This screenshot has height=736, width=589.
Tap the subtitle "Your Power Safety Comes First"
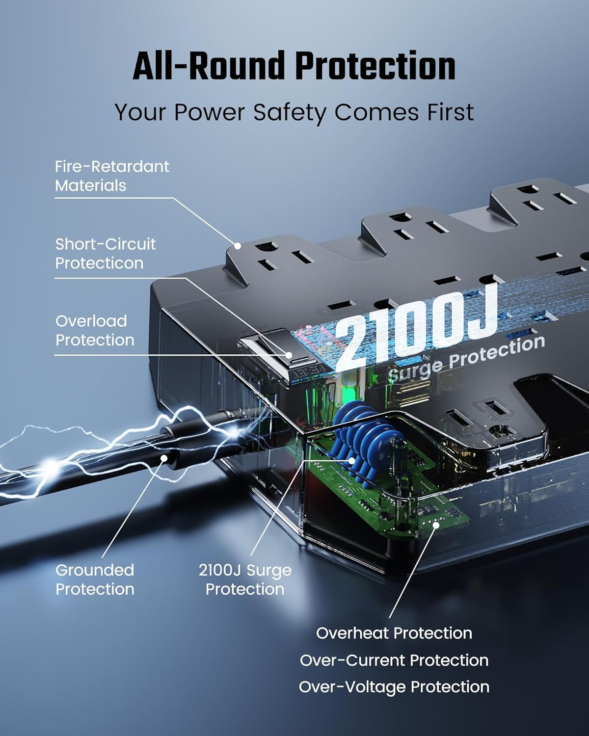294,112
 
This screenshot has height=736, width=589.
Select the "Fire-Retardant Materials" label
112,176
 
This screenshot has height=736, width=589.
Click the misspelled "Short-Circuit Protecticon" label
105,254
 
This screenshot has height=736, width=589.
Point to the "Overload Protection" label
95,331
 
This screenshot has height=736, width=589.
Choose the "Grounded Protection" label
95,579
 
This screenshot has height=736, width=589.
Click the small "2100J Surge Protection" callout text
245,579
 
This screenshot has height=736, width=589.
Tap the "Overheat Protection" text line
394,633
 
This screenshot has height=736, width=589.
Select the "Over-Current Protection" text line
394,660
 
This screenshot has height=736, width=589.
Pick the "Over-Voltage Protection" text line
394,687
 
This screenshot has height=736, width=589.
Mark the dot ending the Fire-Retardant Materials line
238,245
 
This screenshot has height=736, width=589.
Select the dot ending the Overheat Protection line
435,525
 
